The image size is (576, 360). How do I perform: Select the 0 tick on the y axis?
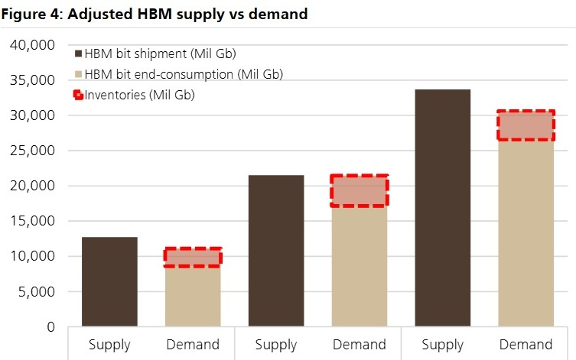(50, 326)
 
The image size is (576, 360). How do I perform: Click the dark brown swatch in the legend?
(78, 54)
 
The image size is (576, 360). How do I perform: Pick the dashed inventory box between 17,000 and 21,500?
(360, 190)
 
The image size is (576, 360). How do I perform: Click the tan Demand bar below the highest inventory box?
(526, 233)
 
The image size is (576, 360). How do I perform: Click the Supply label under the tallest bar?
(442, 344)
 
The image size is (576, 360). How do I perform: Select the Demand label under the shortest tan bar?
(193, 344)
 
